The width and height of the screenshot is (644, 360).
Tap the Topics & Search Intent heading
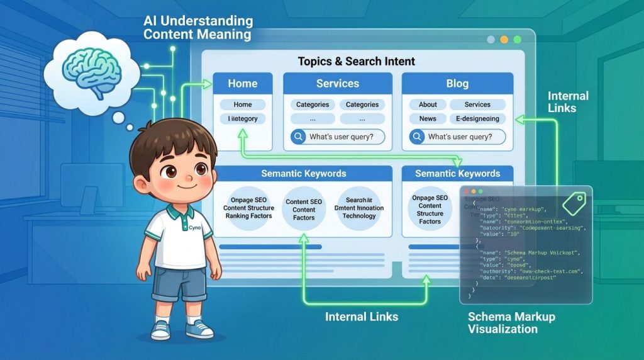[x=356, y=62]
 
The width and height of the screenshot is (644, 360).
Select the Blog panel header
[x=457, y=84]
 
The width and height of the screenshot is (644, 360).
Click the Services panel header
[x=338, y=84]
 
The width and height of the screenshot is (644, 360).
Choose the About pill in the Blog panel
[x=428, y=104]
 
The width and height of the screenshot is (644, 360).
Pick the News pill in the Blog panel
[x=428, y=118]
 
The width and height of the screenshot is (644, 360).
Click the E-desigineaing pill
[x=477, y=118]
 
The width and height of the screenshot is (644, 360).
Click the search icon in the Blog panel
[x=416, y=137]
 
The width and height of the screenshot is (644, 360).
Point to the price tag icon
[x=574, y=203]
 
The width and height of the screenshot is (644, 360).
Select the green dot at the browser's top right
[x=517, y=39]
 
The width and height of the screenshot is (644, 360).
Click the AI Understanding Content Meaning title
[x=197, y=28]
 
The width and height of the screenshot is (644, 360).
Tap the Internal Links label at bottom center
[x=361, y=317]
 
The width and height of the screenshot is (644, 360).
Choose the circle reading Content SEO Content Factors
[x=304, y=210]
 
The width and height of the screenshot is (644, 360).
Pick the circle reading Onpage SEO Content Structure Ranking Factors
[x=248, y=208]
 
